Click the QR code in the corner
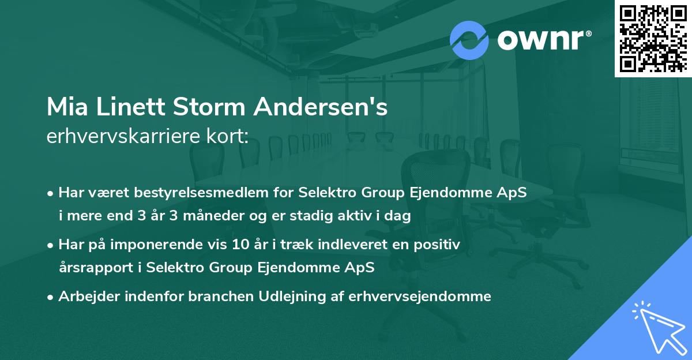point(653,38)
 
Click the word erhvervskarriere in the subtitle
point(120,136)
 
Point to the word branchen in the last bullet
point(203,297)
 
